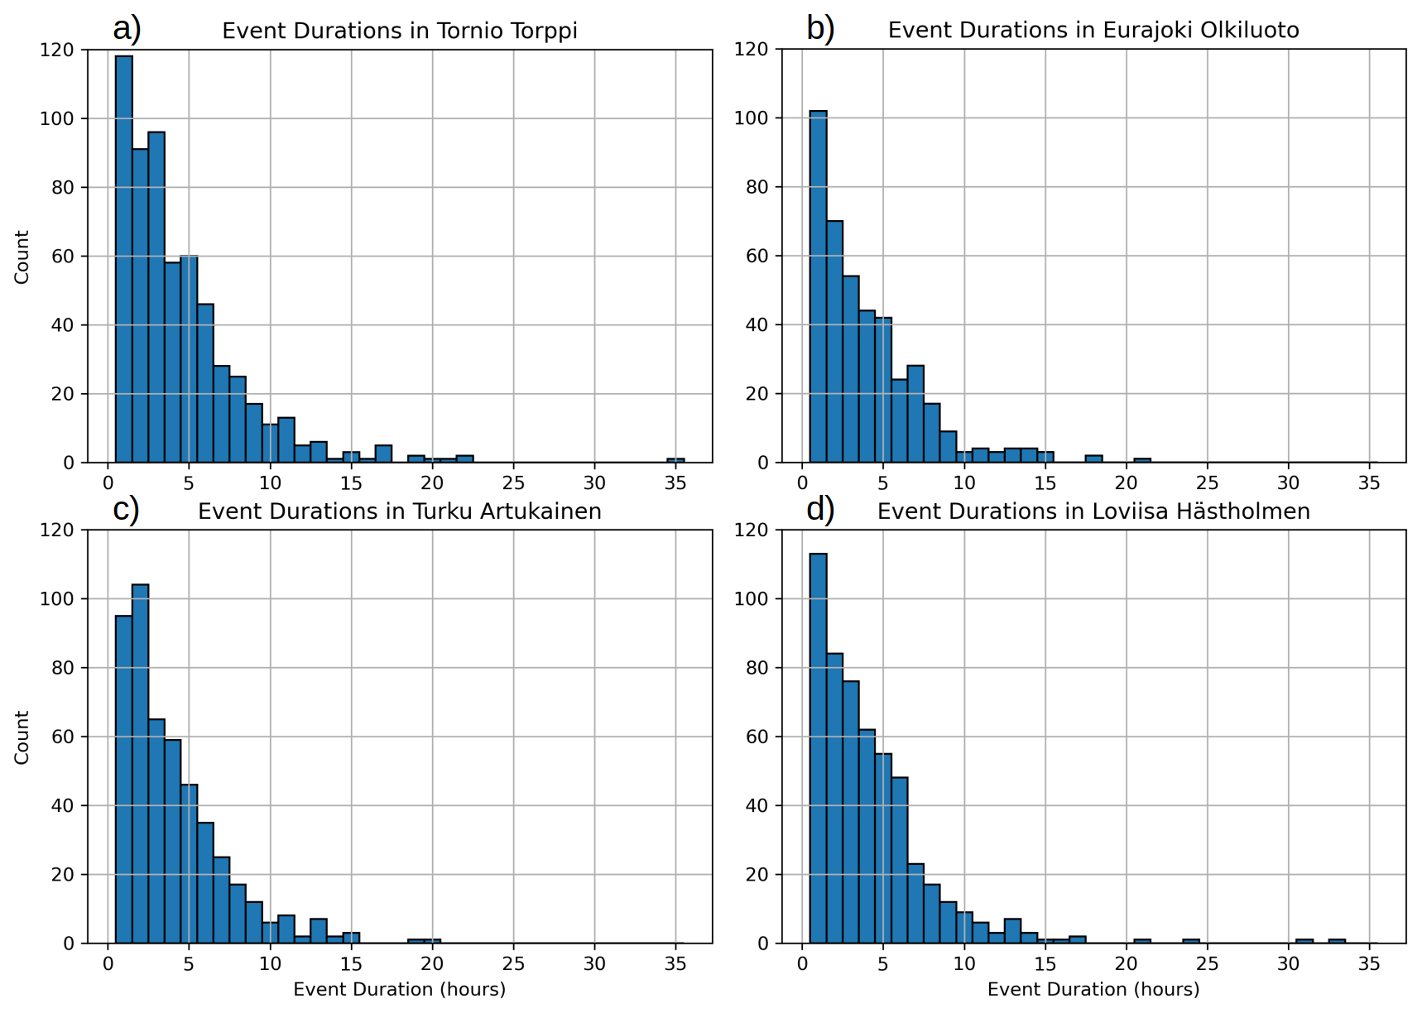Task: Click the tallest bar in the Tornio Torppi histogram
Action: coord(124,259)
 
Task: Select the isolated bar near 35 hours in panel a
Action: coord(676,460)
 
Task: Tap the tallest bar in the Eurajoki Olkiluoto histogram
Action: coord(818,286)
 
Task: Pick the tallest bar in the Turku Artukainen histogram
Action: coord(141,764)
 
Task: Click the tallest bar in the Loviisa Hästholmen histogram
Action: coord(818,748)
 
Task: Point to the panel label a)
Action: coord(127,29)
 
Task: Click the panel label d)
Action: coord(820,510)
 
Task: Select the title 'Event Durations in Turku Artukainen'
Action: coord(400,511)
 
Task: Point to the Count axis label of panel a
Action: coord(22,257)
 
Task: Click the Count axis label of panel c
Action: coord(22,737)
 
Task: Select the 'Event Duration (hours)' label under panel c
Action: coord(400,989)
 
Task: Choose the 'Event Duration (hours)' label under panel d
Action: coord(1093,989)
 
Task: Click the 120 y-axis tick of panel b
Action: coord(752,50)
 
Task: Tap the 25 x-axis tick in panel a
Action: coord(513,482)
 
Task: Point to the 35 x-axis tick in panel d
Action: coord(1369,963)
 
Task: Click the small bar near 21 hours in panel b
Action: coord(1142,460)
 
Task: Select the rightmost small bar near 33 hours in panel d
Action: coord(1337,941)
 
